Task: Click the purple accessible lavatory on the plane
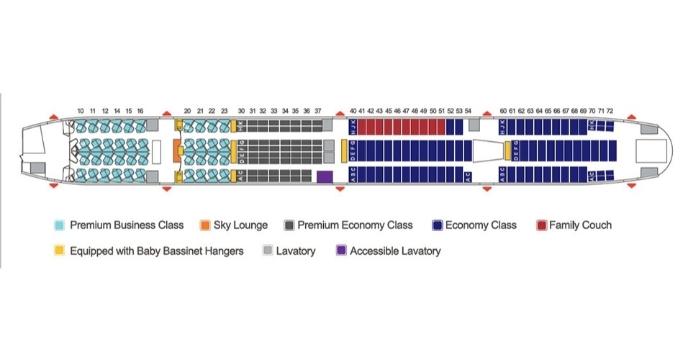[324, 176]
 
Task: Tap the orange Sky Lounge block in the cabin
[176, 151]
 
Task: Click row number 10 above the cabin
[81, 110]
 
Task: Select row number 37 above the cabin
[317, 110]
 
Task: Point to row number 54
[468, 110]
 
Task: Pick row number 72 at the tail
[610, 110]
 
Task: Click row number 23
[225, 110]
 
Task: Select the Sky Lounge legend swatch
[204, 225]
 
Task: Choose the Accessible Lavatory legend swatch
[340, 251]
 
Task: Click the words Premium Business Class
[127, 225]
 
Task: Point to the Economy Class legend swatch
[436, 225]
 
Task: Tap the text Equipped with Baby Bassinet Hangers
[157, 251]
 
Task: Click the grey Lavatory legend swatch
[268, 251]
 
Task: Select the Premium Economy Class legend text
[355, 225]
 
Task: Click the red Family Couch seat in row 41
[362, 127]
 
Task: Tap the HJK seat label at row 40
[353, 127]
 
